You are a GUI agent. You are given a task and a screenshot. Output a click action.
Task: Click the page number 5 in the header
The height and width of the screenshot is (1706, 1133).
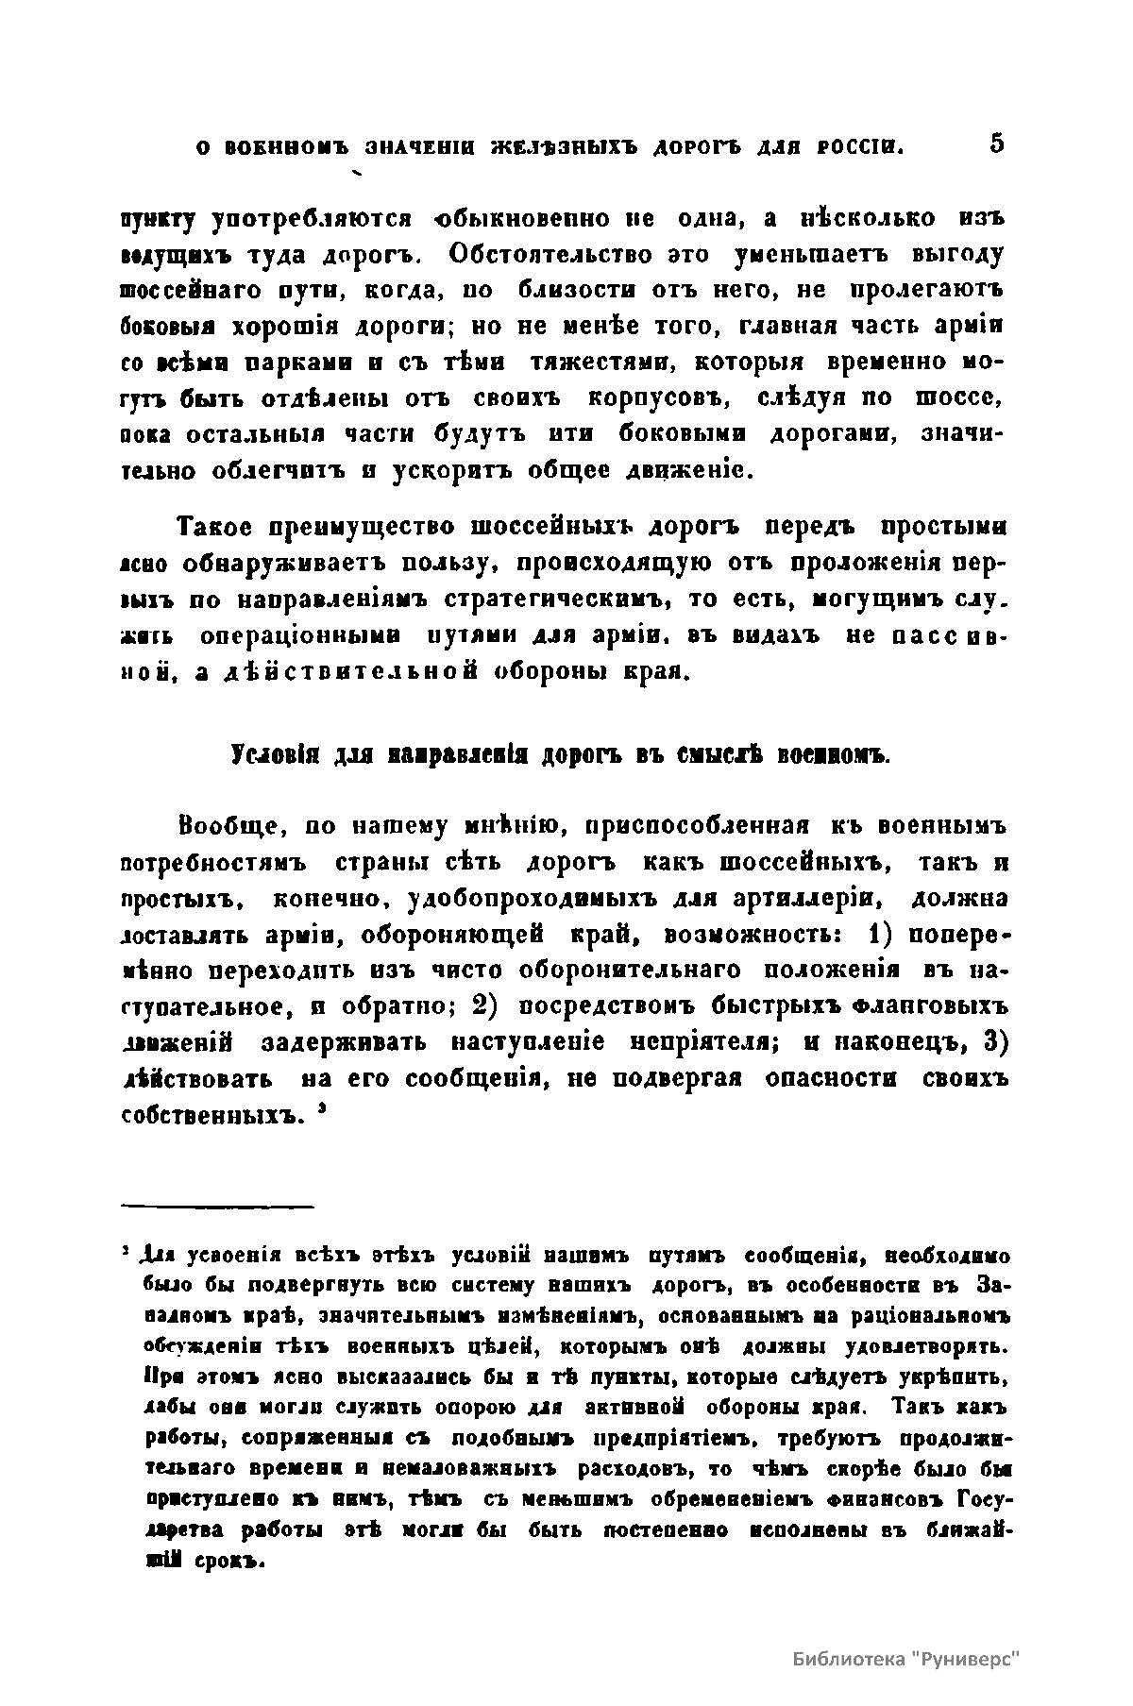tap(997, 144)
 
